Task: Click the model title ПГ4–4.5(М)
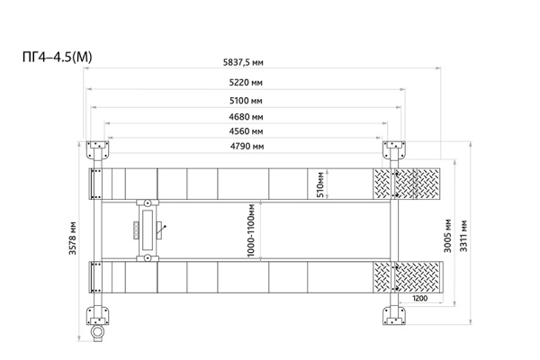pyautogui.click(x=58, y=57)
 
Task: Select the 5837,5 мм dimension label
pyautogui.click(x=243, y=62)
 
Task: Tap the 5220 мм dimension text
pyautogui.click(x=246, y=83)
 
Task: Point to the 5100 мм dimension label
pyautogui.click(x=246, y=101)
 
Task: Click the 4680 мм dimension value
pyautogui.click(x=246, y=117)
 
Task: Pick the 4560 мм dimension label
pyautogui.click(x=246, y=131)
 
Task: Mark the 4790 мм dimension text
pyautogui.click(x=247, y=147)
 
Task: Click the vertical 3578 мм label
pyautogui.click(x=72, y=238)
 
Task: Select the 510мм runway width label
pyautogui.click(x=320, y=184)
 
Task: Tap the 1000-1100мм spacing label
pyautogui.click(x=251, y=230)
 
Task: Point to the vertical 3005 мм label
pyautogui.click(x=447, y=235)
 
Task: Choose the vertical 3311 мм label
pyautogui.click(x=463, y=236)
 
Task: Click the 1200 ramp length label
pyautogui.click(x=419, y=298)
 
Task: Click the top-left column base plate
pyautogui.click(x=97, y=150)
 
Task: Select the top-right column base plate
pyautogui.click(x=394, y=150)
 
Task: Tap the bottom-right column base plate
pyautogui.click(x=394, y=316)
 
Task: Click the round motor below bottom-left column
pyautogui.click(x=97, y=333)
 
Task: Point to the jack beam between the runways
pyautogui.click(x=148, y=230)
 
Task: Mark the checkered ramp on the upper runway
pyautogui.click(x=407, y=184)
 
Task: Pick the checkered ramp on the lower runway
pyautogui.click(x=407, y=277)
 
